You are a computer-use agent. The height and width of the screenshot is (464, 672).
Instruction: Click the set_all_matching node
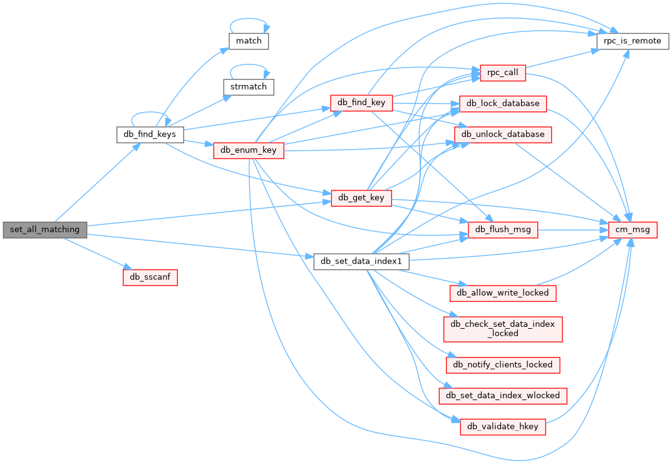click(44, 229)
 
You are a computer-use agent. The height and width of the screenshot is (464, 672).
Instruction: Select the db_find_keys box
click(150, 134)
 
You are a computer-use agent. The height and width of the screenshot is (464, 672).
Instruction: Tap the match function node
click(249, 41)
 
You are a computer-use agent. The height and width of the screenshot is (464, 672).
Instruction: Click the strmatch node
click(249, 86)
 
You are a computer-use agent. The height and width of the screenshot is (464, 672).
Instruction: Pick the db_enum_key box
click(249, 150)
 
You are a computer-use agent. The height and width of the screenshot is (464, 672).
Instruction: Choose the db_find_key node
click(361, 103)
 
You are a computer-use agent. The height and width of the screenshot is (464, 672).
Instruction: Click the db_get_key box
click(361, 198)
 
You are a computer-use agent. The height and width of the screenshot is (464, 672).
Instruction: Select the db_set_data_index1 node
click(361, 262)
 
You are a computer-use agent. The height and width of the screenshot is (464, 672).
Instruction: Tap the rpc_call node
click(502, 73)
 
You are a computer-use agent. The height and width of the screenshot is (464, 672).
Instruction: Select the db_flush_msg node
click(503, 230)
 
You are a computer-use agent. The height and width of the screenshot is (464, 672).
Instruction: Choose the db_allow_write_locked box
click(503, 292)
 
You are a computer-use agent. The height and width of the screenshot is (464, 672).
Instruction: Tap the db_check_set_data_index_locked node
click(503, 329)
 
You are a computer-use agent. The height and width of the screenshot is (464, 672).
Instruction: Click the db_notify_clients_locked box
click(503, 364)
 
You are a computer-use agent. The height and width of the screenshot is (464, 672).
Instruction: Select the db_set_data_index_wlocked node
click(503, 396)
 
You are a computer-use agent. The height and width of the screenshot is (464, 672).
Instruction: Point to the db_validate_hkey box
click(503, 427)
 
